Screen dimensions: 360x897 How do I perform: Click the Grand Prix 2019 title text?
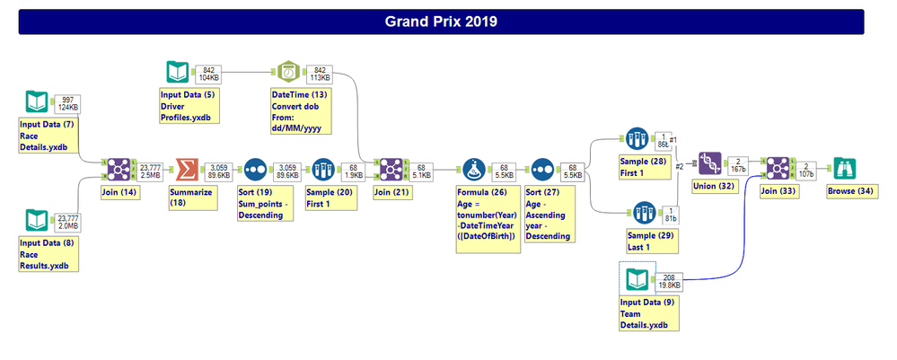(441, 21)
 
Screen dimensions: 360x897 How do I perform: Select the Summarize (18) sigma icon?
(184, 168)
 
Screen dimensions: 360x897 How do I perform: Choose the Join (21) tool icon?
(390, 168)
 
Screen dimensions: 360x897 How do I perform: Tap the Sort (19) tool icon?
(255, 168)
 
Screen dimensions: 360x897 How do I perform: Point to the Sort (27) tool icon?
(541, 168)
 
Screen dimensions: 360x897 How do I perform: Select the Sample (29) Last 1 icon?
(638, 214)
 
